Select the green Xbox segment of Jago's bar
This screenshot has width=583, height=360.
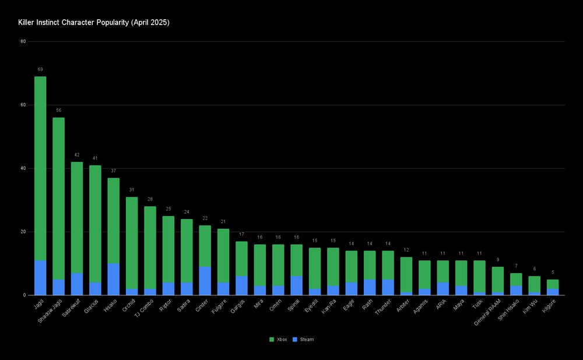click(40, 169)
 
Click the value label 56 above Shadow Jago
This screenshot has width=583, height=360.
click(58, 110)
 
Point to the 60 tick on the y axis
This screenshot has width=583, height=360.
click(23, 105)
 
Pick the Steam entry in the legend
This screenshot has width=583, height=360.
click(304, 339)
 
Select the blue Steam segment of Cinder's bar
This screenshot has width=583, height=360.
click(205, 281)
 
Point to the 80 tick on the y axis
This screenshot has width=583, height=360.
click(23, 41)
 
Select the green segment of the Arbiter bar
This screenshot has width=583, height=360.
click(406, 274)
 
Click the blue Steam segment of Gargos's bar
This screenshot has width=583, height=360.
click(241, 285)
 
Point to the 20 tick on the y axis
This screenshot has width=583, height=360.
click(23, 232)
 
